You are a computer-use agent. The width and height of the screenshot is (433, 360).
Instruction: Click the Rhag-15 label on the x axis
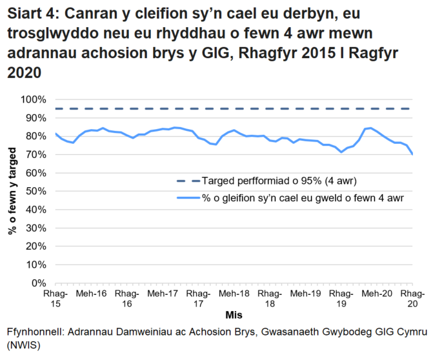pyautogui.click(x=55, y=298)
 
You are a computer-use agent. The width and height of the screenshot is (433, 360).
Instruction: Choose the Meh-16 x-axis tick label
pyautogui.click(x=91, y=294)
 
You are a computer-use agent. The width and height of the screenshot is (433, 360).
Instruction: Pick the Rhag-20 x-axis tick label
pyautogui.click(x=412, y=298)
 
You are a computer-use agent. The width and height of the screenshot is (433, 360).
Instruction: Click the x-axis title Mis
pyautogui.click(x=234, y=315)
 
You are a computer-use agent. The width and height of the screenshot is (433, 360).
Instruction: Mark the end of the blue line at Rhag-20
pyautogui.click(x=412, y=154)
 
